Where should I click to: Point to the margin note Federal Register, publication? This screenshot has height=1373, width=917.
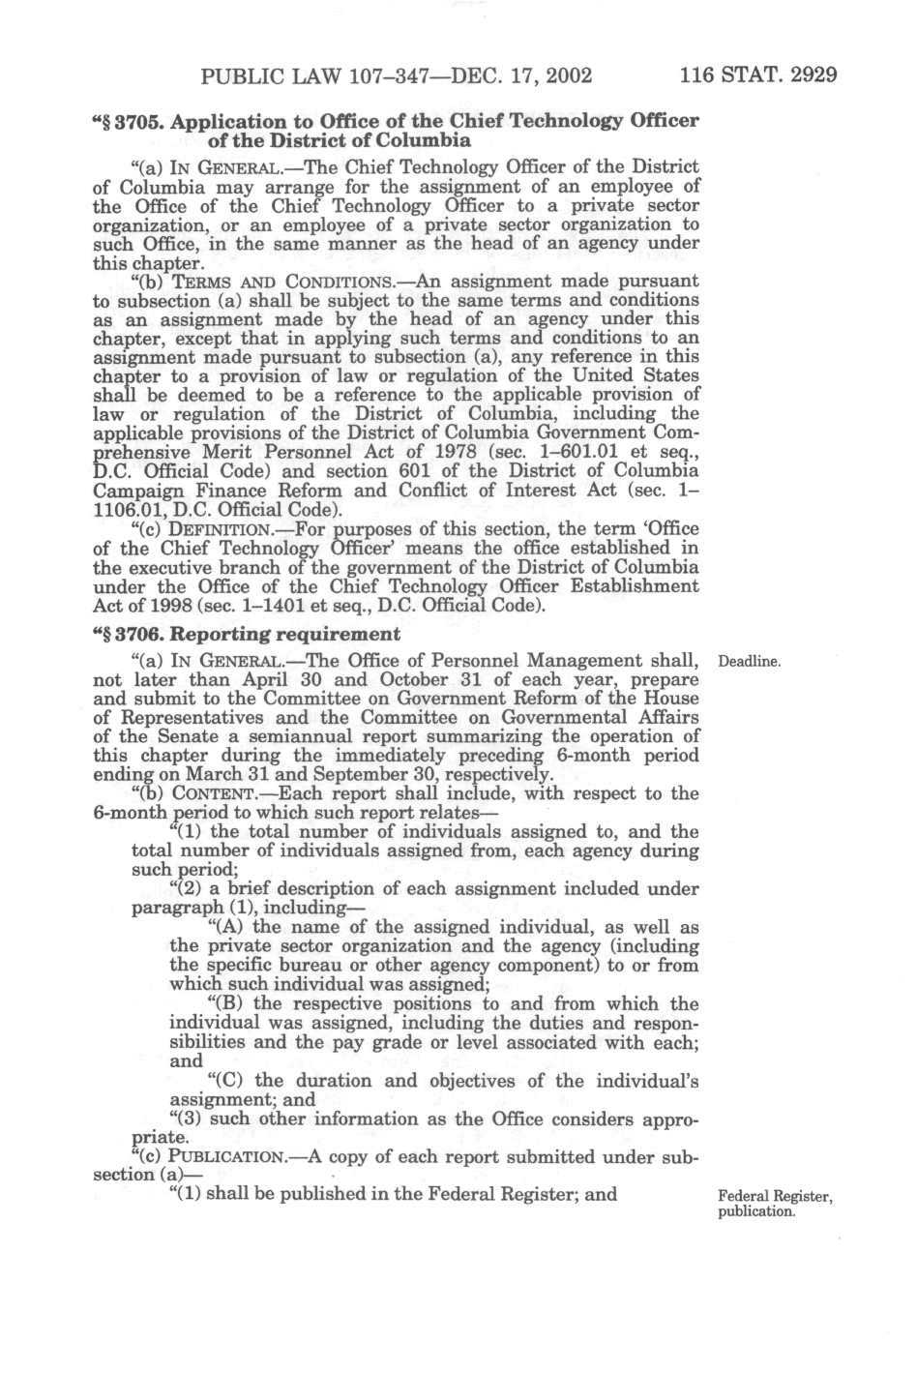click(776, 1204)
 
